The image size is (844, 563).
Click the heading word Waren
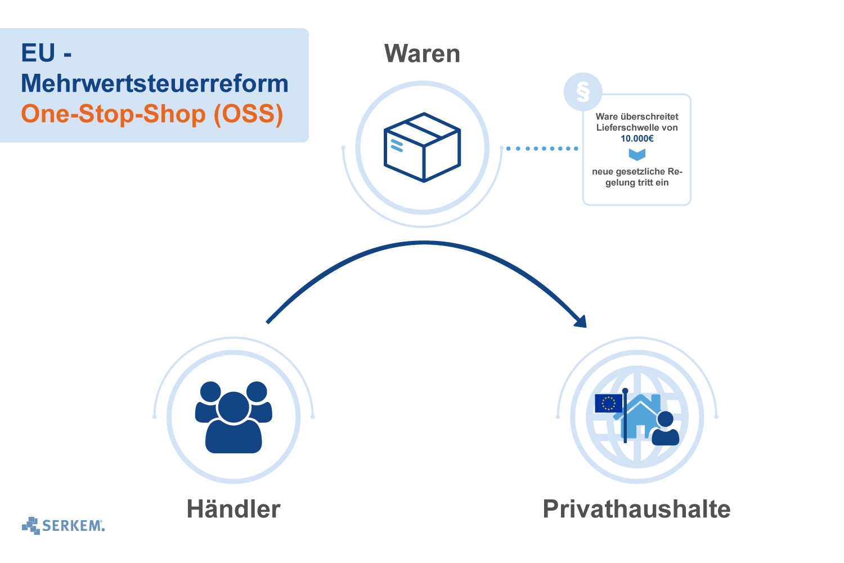coord(422,54)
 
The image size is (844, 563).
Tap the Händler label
coord(234,509)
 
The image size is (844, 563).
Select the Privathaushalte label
coord(636,509)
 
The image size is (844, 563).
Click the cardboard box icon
coord(422,147)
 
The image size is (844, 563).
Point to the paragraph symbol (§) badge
coord(583,92)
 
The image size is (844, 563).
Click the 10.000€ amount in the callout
coord(637,138)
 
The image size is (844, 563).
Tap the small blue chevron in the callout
coord(637,154)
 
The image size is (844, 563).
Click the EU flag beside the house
coord(608,403)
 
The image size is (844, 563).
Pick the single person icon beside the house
coord(666,429)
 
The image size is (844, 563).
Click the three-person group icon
coord(234,417)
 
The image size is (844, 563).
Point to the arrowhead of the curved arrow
coord(580,321)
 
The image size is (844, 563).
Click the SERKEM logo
coord(64,526)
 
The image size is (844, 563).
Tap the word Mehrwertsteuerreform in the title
coord(155,83)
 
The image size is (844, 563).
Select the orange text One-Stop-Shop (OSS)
coord(152,114)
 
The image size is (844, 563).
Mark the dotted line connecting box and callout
coord(542,149)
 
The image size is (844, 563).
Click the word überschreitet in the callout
coord(650,117)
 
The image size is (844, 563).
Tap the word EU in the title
coord(38,53)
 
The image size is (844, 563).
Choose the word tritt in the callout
coord(645,182)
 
